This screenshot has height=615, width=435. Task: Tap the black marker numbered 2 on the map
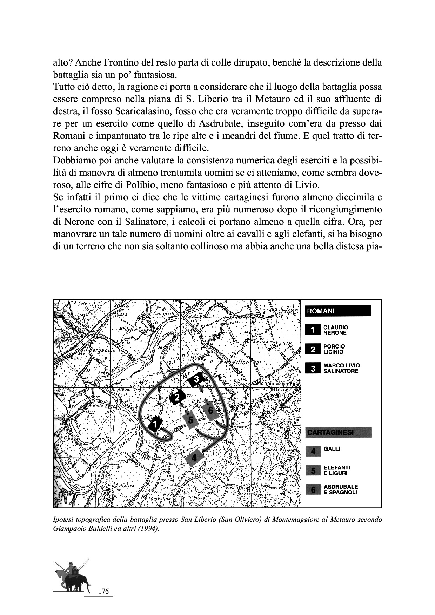(x=178, y=397)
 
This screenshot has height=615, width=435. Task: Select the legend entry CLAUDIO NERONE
(x=335, y=330)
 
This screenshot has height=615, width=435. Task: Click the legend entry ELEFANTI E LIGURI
(x=336, y=470)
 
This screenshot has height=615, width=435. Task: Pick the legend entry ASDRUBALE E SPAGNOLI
(x=340, y=489)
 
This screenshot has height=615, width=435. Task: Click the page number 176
(x=103, y=592)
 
